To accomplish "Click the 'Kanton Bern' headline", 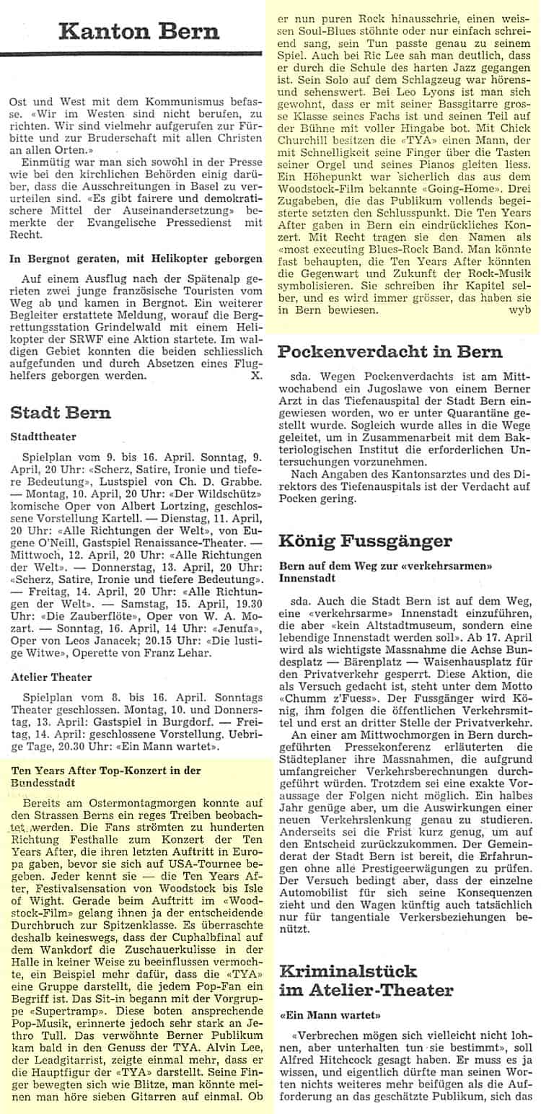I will click(138, 31).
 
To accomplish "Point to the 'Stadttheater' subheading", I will click(44, 437).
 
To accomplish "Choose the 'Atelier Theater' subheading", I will click(52, 677).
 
